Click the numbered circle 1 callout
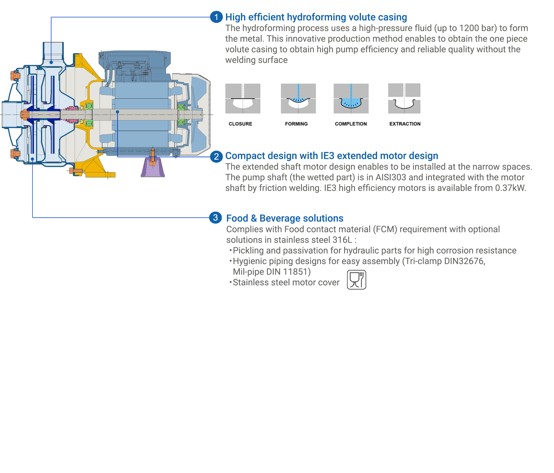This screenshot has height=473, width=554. click(x=216, y=17)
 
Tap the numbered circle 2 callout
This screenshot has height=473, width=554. click(x=216, y=156)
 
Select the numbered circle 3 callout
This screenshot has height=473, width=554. click(x=215, y=217)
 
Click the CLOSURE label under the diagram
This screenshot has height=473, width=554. click(x=240, y=124)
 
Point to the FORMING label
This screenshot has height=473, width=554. click(x=296, y=124)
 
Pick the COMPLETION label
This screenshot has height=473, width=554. click(x=351, y=124)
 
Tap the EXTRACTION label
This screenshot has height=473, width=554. click(x=404, y=124)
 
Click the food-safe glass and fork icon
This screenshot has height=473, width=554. click(x=356, y=280)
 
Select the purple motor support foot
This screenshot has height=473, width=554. click(x=153, y=168)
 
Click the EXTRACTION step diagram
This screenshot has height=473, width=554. click(x=404, y=98)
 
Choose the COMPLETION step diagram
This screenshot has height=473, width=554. click(x=351, y=98)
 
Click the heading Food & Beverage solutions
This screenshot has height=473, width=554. click(x=284, y=218)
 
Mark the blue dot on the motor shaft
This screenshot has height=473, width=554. click(x=117, y=112)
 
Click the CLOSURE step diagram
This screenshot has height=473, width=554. click(x=243, y=98)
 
